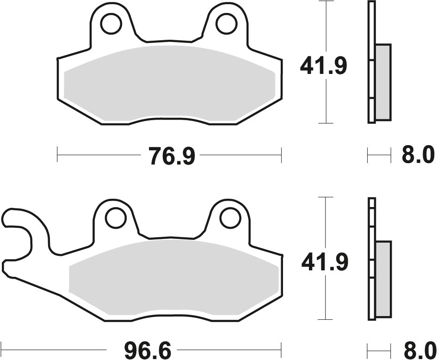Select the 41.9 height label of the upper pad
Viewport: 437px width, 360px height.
pos(323,67)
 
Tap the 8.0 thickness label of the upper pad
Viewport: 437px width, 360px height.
pos(418,155)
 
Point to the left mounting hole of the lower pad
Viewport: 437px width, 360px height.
pos(116,218)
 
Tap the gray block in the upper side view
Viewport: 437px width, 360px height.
pos(383,80)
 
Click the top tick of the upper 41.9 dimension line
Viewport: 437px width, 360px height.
pos(326,1)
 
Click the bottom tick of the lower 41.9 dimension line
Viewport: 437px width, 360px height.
pos(326,320)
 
